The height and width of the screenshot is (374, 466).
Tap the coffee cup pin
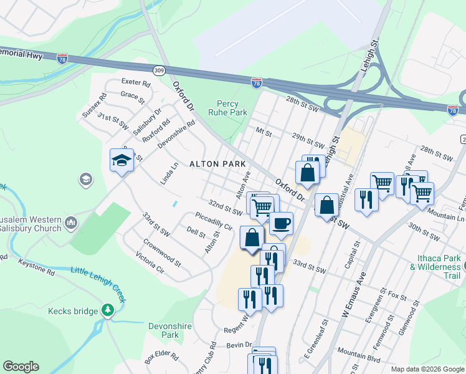tap(281, 223)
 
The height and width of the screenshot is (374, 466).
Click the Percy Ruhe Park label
tap(232, 108)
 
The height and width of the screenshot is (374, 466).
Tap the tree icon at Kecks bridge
tap(108, 310)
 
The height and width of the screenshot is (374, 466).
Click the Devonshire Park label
tap(164, 330)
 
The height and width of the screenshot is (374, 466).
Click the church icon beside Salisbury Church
tap(70, 222)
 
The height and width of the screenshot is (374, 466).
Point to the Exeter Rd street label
tap(136, 82)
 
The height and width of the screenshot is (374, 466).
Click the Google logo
tap(21, 367)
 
